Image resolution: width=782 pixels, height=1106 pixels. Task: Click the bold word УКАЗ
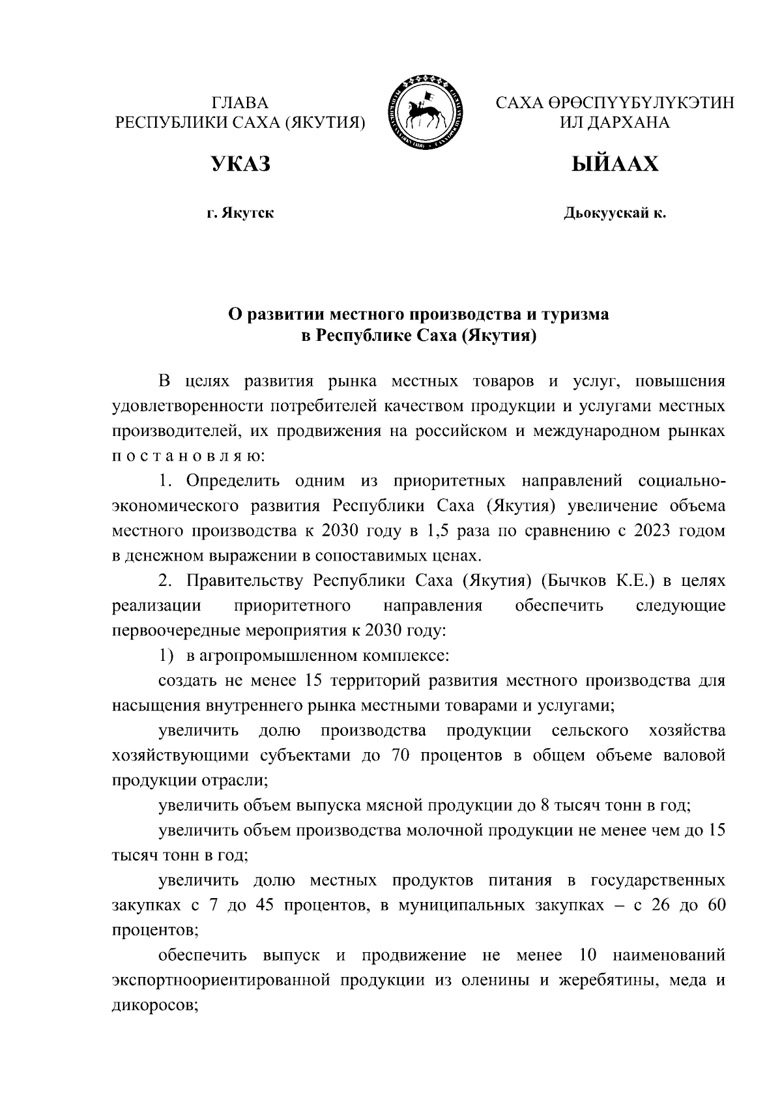[x=240, y=165]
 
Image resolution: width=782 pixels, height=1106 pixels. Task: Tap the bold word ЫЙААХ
[x=615, y=165]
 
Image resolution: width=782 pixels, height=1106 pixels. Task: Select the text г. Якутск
[x=240, y=213]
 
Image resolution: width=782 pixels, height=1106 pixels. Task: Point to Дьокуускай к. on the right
[x=615, y=213]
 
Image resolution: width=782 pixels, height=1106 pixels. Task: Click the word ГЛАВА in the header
[x=240, y=104]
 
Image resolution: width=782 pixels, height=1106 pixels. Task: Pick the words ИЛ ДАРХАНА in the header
[x=615, y=123]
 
